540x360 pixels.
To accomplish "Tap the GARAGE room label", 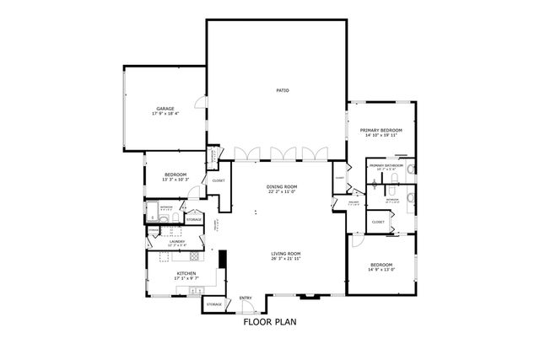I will (x=165, y=109).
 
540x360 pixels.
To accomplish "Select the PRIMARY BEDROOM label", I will (x=381, y=130).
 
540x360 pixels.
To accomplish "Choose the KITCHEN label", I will (x=186, y=273).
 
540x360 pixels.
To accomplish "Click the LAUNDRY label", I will (x=177, y=241).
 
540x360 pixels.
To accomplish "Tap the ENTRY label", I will (x=246, y=298).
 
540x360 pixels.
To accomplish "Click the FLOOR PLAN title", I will (x=270, y=321).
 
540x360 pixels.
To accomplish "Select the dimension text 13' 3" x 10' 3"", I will (x=175, y=180).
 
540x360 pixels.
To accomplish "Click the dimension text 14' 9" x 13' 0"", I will (x=381, y=269).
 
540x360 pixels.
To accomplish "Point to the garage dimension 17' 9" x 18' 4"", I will (x=165, y=114).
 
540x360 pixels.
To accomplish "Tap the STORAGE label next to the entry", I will (x=214, y=304).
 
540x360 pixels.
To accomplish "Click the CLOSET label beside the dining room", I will (x=218, y=180).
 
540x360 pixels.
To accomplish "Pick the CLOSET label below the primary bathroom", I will (x=378, y=222).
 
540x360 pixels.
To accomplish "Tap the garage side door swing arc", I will (x=198, y=103).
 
